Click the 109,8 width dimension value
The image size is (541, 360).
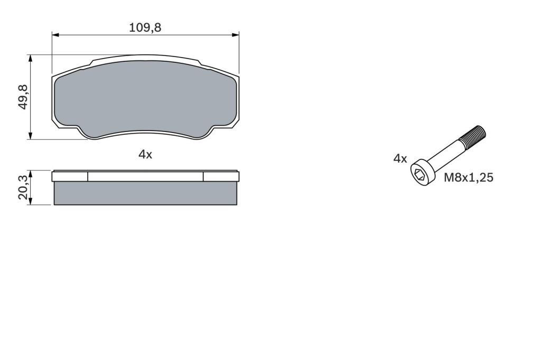(x=145, y=27)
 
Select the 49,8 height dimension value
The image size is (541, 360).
(x=23, y=97)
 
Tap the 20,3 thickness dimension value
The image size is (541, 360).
(x=23, y=187)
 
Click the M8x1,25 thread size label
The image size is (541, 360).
(x=468, y=177)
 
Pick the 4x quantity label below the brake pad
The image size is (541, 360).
(x=145, y=155)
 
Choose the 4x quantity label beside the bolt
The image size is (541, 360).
(x=400, y=158)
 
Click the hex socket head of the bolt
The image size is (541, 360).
(x=421, y=173)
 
